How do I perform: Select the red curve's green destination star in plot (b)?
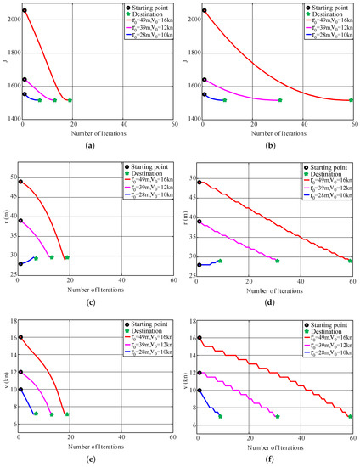point(351,100)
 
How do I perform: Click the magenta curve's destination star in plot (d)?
point(277,260)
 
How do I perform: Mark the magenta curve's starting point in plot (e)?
point(20,372)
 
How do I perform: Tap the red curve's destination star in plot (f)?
point(350,416)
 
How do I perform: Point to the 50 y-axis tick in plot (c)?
point(12,177)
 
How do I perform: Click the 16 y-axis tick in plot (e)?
point(10,337)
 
